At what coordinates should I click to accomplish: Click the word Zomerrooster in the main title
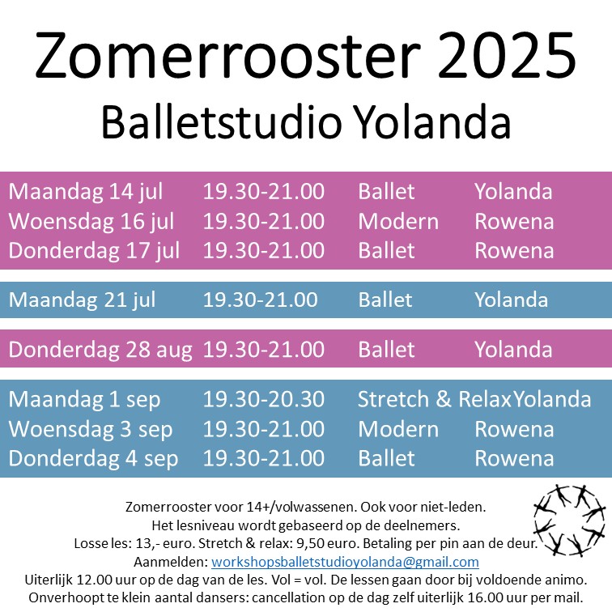coord(228,55)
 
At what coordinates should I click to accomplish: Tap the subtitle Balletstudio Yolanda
coord(306,121)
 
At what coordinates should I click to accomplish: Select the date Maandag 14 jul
coord(86,192)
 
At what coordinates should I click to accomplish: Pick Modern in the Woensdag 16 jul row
coord(398,221)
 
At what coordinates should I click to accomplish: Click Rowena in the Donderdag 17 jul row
coord(514,251)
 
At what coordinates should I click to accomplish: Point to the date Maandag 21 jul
coord(82,300)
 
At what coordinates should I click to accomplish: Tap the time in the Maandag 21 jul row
coord(261,300)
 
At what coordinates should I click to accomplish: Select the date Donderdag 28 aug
coord(100,350)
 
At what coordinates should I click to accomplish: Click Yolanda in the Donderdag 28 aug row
coord(513,350)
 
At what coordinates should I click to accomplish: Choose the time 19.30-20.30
coord(264,399)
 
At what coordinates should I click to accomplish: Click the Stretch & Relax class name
coord(435,399)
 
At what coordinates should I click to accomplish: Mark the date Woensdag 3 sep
coord(91,430)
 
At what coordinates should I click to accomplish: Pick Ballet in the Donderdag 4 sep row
coord(386,458)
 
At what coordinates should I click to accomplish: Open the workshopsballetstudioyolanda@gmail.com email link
coord(345,562)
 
